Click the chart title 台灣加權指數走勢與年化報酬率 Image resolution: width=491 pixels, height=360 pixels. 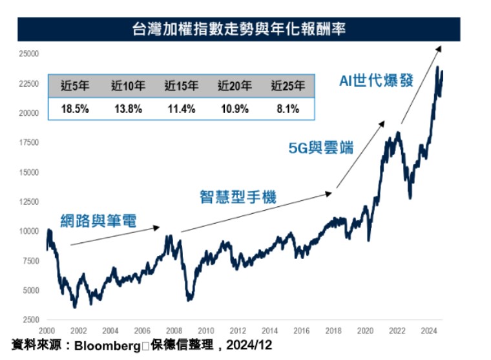coord(239,29)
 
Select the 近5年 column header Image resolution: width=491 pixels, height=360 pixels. coord(76,85)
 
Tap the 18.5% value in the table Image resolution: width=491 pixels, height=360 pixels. coord(75,109)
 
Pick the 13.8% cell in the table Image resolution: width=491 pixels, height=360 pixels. coord(127,109)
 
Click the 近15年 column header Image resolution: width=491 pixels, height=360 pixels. coord(180,85)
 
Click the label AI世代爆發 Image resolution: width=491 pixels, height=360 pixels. coord(376,82)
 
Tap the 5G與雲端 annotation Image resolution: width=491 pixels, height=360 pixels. coord(321,147)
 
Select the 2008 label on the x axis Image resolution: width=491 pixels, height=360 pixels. coord(174,330)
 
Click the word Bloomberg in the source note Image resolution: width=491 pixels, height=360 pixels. coord(107,346)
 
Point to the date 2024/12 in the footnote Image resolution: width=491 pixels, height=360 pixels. coord(250,346)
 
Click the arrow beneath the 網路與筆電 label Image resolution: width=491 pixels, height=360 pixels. coord(114,236)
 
